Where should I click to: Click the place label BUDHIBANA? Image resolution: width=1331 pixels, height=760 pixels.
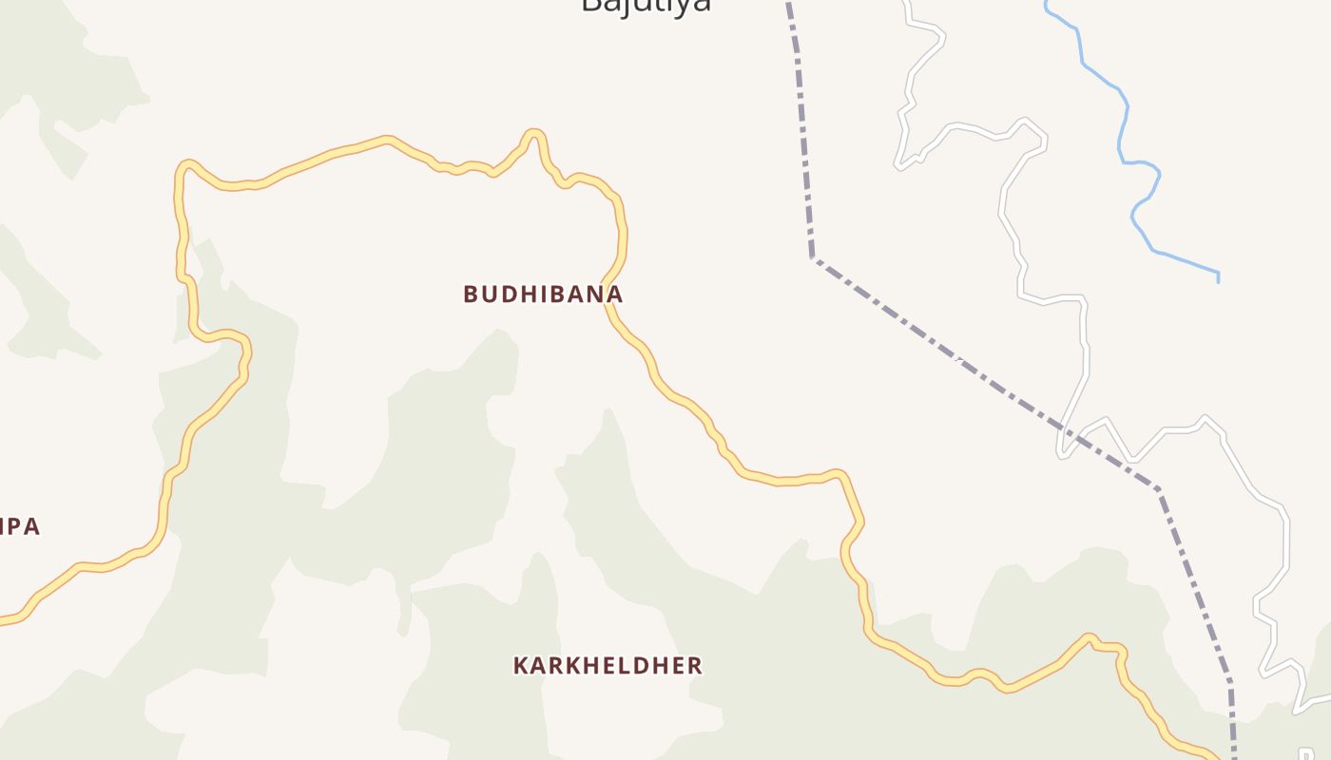click(x=543, y=294)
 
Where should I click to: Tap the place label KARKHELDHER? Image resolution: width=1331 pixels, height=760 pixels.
click(x=608, y=666)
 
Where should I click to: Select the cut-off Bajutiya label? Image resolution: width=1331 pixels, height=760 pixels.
click(x=646, y=5)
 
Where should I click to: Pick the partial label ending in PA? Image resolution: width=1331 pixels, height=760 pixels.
click(x=19, y=527)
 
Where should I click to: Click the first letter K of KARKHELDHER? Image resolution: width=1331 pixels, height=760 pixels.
click(x=520, y=666)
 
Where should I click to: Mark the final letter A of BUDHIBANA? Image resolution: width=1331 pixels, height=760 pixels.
click(x=616, y=294)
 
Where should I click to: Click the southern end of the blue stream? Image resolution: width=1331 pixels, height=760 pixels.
click(x=1218, y=280)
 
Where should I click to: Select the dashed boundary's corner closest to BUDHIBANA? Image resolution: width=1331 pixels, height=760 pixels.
click(x=813, y=257)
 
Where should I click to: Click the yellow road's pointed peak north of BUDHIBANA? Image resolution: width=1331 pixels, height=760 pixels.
click(x=535, y=133)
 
